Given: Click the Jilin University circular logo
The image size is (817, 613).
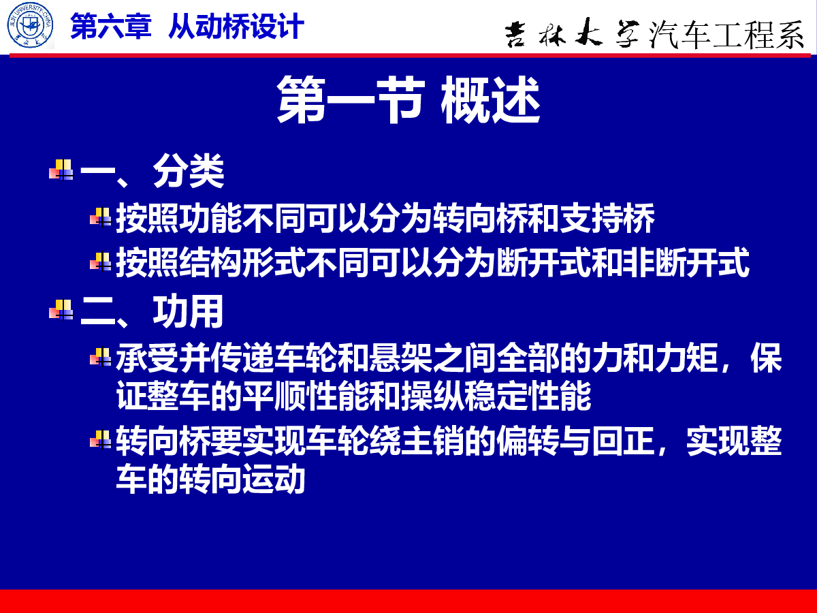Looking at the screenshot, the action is (x=30, y=25).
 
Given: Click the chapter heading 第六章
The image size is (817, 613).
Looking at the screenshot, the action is (x=111, y=26).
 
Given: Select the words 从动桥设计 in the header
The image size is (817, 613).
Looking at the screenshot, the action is (x=236, y=26).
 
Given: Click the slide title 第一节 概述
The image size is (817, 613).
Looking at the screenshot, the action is (x=408, y=99).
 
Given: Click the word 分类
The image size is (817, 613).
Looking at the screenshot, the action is (x=189, y=171).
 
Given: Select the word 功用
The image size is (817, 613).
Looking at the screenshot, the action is (x=188, y=311).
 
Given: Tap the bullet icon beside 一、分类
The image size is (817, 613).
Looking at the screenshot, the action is (x=61, y=170).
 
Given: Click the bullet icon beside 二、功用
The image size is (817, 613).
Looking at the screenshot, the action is (x=61, y=310).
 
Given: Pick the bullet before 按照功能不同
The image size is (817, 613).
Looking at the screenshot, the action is (x=101, y=217).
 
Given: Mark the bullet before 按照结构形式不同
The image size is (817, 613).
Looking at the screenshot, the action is (x=101, y=262).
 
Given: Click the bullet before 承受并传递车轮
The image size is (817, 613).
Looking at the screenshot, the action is (x=101, y=357).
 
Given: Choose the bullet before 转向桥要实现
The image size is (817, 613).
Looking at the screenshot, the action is (x=101, y=439).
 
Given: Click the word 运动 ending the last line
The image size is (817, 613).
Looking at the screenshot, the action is (x=274, y=479).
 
